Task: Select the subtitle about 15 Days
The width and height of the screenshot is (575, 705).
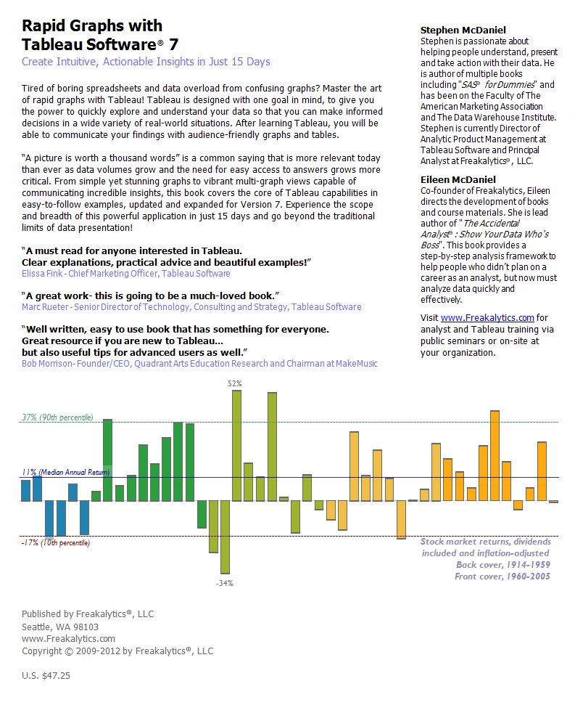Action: [146, 62]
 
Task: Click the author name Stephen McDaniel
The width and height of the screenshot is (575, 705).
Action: [463, 30]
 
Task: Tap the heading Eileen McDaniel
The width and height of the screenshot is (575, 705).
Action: [458, 179]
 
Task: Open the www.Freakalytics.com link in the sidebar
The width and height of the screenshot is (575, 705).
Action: [487, 317]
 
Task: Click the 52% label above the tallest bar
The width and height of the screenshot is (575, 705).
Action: [235, 383]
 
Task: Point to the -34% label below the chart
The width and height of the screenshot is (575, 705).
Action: [225, 583]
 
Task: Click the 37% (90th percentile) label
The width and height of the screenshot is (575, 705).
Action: [57, 417]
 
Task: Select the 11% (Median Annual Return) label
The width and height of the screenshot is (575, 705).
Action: [65, 472]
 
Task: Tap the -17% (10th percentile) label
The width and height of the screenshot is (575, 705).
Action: [56, 542]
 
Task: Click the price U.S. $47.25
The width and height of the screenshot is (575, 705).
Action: [46, 675]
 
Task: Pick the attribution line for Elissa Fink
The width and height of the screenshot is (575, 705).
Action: [125, 274]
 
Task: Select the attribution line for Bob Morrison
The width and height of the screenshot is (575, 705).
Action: [199, 363]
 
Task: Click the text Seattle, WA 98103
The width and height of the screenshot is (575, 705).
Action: [60, 627]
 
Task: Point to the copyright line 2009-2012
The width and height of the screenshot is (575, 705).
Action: [117, 651]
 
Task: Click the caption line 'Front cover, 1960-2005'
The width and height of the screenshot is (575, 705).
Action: [502, 576]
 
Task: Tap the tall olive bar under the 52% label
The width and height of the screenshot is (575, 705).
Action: [236, 445]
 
